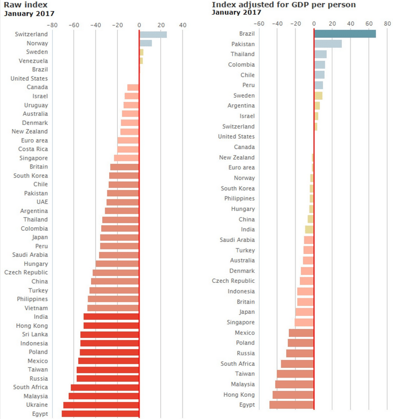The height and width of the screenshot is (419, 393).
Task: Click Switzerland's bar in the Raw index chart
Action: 153,34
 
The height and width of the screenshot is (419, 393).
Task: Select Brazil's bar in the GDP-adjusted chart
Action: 345,33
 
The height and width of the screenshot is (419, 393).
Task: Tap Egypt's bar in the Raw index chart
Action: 100,414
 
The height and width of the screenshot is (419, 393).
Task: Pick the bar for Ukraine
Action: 101,405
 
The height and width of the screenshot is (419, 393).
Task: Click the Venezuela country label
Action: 34,61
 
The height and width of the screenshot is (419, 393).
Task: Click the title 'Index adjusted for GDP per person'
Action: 283,5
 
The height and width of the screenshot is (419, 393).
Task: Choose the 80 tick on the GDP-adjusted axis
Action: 387,23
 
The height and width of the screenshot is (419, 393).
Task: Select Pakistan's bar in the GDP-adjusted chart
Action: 328,44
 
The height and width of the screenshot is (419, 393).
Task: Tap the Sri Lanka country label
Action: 35,334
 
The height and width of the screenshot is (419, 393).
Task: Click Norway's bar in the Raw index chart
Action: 146,43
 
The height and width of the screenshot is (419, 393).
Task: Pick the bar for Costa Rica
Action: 128,149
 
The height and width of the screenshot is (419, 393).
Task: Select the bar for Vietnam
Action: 113,308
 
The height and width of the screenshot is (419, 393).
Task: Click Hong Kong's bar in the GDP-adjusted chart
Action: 293,395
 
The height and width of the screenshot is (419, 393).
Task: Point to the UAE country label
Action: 42,202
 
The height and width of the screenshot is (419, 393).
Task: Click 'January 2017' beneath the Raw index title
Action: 29,14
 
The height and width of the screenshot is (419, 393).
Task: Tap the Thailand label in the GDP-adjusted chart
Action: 243,54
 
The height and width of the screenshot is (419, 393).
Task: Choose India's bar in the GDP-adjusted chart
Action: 310,229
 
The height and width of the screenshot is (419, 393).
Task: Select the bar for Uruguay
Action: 131,105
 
